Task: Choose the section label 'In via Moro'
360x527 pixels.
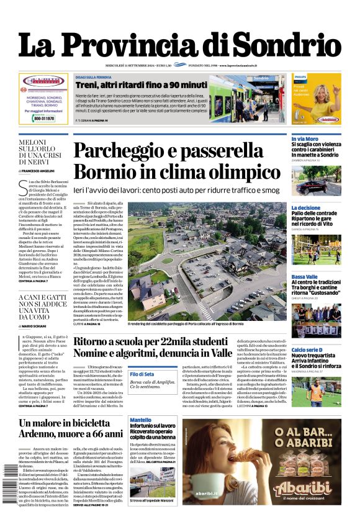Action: (305, 139)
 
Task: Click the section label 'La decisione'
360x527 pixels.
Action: (306, 208)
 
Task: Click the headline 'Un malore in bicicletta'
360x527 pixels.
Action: (71, 423)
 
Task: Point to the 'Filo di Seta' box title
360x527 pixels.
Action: (142, 374)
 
